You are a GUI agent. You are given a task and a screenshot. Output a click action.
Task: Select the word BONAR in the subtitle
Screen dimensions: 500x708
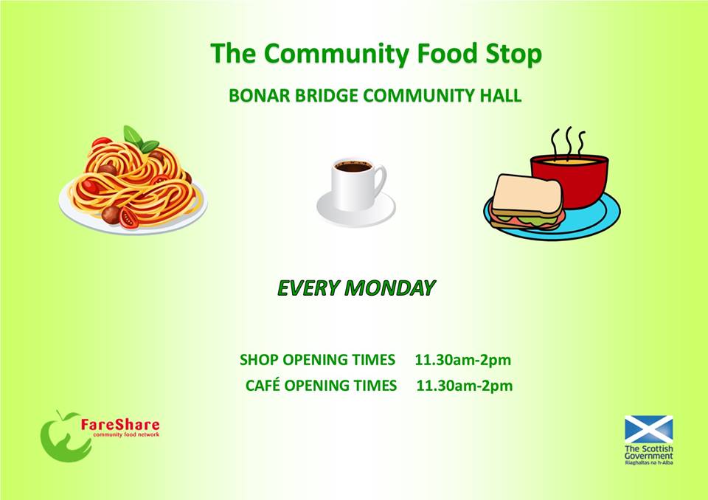click(254, 97)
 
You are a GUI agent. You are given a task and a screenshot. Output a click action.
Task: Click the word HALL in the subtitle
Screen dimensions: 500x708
click(502, 97)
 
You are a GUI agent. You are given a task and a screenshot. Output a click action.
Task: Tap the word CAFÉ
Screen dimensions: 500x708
click(263, 386)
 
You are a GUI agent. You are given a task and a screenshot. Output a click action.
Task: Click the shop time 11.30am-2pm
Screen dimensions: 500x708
click(463, 361)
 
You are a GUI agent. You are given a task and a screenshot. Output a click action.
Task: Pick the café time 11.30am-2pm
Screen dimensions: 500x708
click(465, 386)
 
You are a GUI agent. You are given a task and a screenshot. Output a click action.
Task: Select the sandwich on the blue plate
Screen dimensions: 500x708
click(527, 201)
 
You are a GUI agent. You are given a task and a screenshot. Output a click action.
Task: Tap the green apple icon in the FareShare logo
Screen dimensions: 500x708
click(62, 437)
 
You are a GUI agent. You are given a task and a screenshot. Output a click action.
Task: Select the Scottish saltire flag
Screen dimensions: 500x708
click(648, 429)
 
